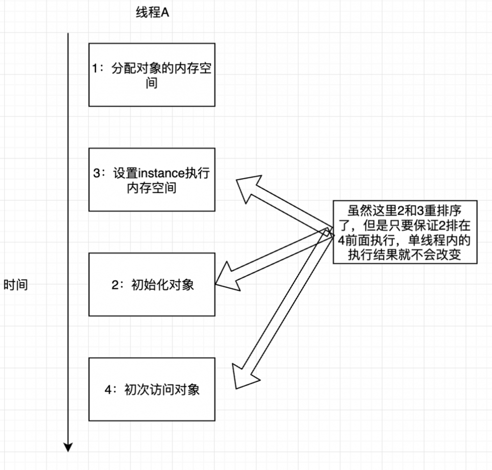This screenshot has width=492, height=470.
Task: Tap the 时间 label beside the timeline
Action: pos(16,285)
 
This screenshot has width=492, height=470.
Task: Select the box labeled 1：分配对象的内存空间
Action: pos(152,74)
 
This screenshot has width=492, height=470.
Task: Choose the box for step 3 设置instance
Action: pos(152,180)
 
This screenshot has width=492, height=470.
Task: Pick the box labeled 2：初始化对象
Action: pos(152,284)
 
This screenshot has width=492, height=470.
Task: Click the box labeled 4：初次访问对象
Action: pos(152,389)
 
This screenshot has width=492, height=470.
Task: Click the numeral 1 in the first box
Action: pos(95,69)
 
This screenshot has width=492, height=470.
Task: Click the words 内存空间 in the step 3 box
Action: pos(152,188)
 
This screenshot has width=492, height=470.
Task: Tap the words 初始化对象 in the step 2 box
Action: pos(163,285)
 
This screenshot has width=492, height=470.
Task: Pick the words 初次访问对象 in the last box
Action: pos(163,390)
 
